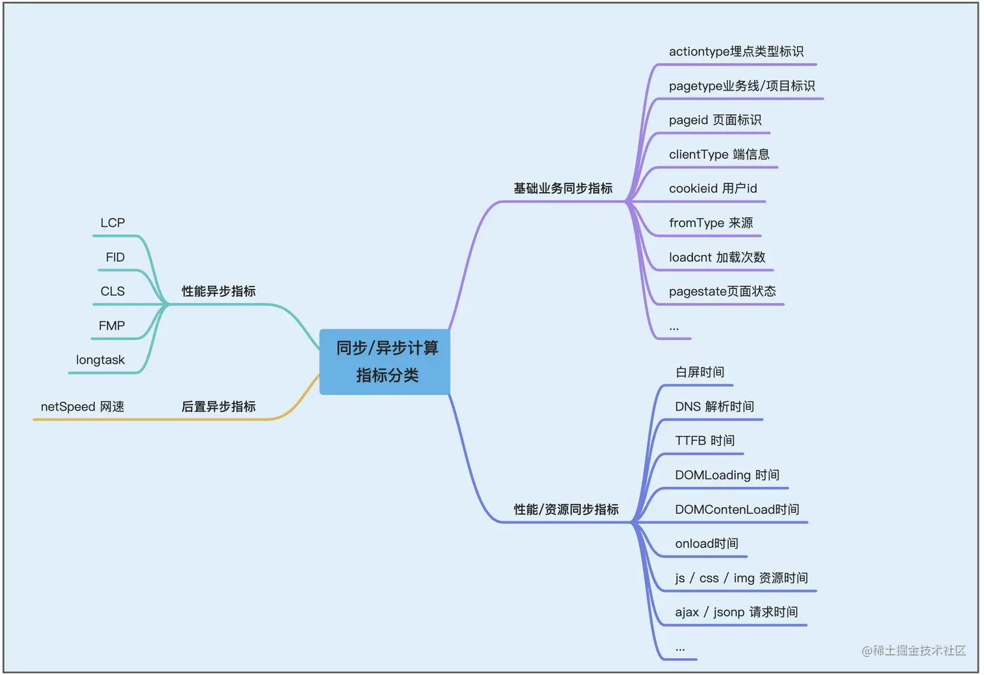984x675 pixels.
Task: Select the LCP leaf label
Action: coord(113,223)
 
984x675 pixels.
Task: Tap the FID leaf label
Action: coord(115,258)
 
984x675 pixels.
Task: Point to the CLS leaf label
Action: coord(113,292)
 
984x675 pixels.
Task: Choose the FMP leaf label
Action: coord(112,326)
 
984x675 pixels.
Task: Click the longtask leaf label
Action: coord(100,360)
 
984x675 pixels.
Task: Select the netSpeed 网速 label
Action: coord(83,407)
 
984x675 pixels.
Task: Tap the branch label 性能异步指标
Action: coord(219,292)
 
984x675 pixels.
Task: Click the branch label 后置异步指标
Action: coord(219,407)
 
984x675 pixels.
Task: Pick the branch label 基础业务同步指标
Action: coord(563,189)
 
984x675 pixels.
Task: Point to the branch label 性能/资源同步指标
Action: coord(566,510)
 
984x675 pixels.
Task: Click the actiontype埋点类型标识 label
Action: coord(736,51)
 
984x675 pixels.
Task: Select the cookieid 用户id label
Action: coord(713,189)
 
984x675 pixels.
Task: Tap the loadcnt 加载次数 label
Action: coord(717,258)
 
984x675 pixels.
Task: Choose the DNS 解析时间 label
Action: coord(715,407)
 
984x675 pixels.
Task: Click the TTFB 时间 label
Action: coord(705,441)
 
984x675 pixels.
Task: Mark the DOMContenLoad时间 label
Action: coord(737,510)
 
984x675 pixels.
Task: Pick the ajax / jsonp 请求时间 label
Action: coord(737,613)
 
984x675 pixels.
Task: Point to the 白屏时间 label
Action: coord(700,372)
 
